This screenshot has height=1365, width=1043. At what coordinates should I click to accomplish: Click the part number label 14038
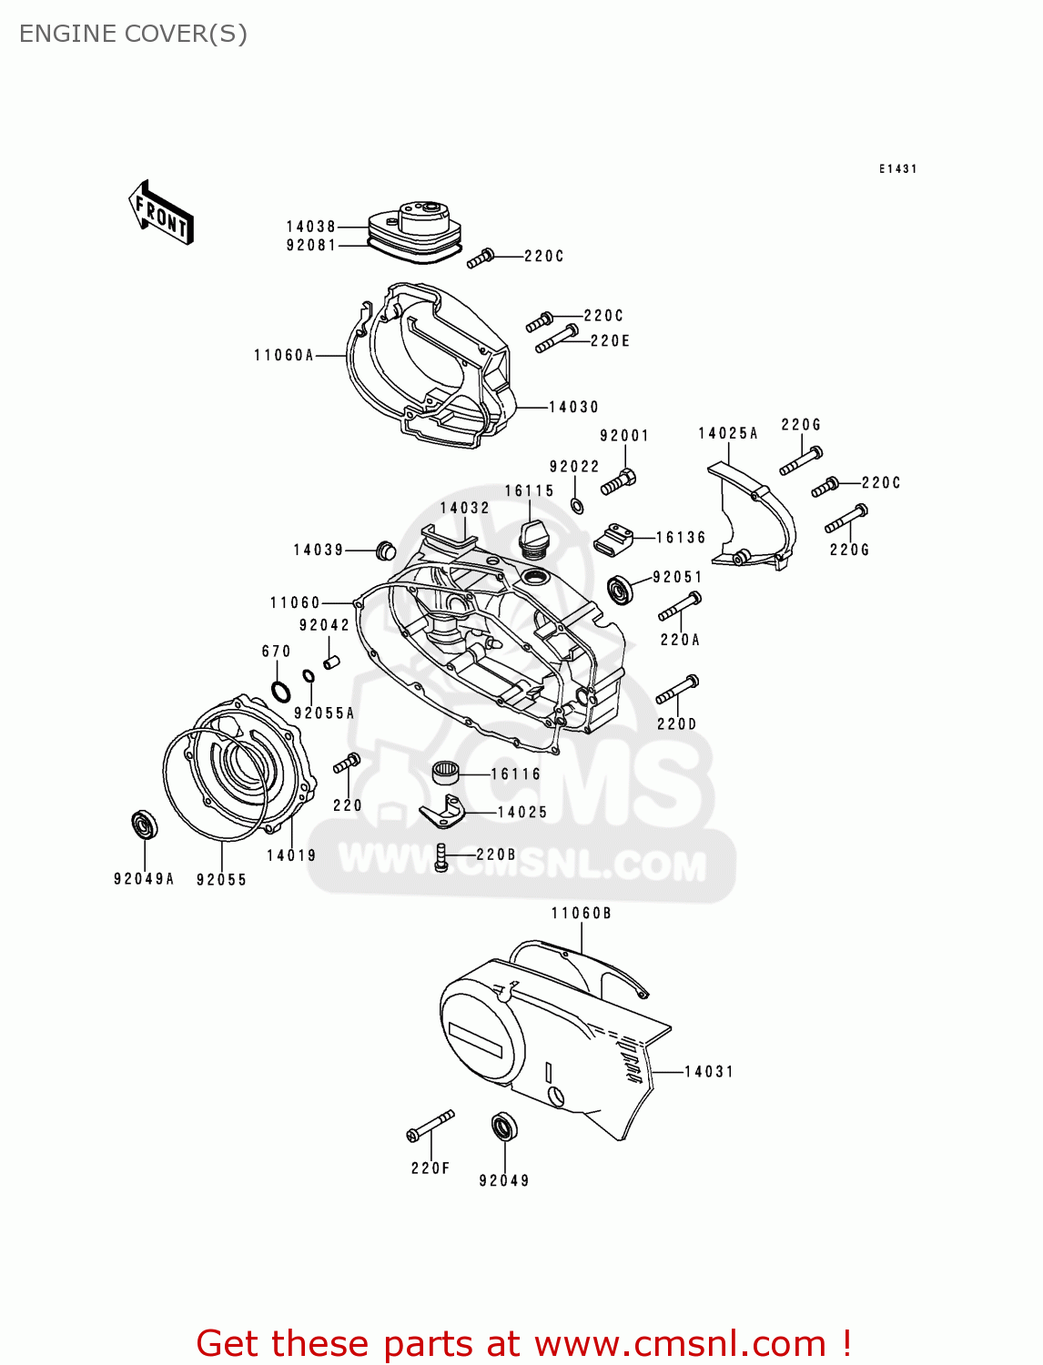click(x=311, y=227)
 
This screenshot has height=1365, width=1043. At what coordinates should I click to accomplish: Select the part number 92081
click(x=311, y=246)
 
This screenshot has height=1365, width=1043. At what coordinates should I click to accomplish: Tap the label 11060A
click(x=284, y=356)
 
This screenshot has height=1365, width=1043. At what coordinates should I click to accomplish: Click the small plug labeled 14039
click(x=386, y=551)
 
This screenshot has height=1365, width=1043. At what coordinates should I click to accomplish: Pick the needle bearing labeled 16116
click(x=444, y=773)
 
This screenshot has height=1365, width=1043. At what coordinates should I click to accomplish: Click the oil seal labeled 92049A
click(x=145, y=824)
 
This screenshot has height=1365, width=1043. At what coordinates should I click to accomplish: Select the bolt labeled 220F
click(x=430, y=1126)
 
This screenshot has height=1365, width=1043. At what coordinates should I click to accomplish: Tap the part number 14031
click(x=709, y=1072)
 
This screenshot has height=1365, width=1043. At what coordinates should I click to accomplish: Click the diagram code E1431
click(x=897, y=169)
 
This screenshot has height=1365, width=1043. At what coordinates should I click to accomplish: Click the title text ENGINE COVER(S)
click(x=133, y=34)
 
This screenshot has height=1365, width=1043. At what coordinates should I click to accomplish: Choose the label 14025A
click(x=728, y=434)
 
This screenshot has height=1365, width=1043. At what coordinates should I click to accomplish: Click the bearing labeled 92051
click(x=622, y=589)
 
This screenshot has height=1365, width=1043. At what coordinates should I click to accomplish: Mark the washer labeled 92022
click(x=577, y=505)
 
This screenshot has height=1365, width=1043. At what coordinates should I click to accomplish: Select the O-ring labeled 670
click(x=281, y=692)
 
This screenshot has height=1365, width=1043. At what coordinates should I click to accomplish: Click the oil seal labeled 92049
click(x=504, y=1127)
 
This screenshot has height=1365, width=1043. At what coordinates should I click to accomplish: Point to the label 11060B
click(x=581, y=914)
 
